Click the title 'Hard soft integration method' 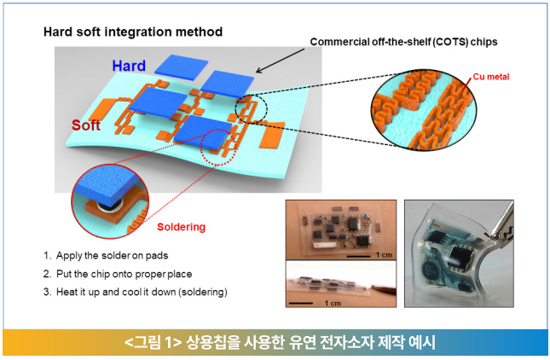[133, 32]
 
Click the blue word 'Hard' [129, 66]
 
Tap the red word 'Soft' [86, 125]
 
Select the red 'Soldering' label [181, 227]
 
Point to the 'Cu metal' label [490, 77]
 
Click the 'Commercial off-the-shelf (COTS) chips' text [403, 42]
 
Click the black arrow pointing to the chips [280, 61]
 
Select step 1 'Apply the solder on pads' [106, 255]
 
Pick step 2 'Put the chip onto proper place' [118, 274]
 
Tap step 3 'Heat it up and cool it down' [136, 292]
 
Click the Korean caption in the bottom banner [280, 342]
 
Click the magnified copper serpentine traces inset [424, 109]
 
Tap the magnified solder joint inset [110, 201]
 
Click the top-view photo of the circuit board [341, 229]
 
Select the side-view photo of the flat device [341, 284]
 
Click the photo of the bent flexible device [459, 253]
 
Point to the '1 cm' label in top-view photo [384, 255]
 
